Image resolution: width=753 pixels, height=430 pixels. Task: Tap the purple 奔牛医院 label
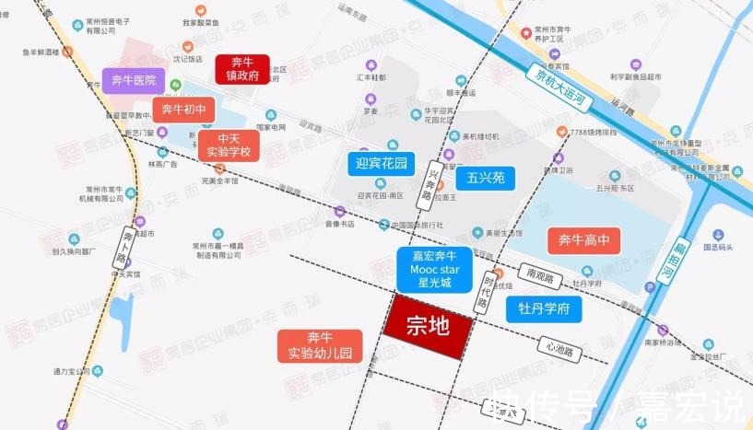coord(134,80)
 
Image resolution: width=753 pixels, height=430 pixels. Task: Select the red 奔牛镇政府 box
coord(241,68)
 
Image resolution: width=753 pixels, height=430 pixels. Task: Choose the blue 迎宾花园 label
coord(382,164)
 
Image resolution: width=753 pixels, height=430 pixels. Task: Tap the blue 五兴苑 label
coord(485,177)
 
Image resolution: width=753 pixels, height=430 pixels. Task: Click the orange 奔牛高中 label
coord(582,241)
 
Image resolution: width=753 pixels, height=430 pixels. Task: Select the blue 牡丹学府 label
coord(544,309)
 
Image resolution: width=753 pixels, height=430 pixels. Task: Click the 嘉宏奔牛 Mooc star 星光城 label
coord(435,269)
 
